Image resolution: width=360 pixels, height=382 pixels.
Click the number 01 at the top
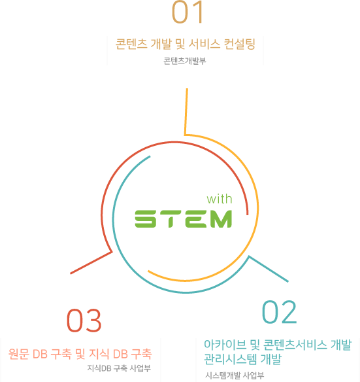coord(187,12)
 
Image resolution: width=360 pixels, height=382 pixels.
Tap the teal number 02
coord(279,312)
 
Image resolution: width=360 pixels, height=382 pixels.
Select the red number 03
coord(84,321)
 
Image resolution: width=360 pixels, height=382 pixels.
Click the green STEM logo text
coord(184,218)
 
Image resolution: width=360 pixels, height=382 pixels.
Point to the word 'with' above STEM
coord(220,199)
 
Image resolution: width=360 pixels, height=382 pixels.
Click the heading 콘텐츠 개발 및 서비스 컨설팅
coord(186,44)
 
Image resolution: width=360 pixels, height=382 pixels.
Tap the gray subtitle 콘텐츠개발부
coord(185,61)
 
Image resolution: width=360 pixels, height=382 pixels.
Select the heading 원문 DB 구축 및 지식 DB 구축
coord(80,354)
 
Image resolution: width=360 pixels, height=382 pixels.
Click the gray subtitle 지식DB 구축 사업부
coord(119,368)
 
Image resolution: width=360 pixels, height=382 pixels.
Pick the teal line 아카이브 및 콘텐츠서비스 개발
coord(278,345)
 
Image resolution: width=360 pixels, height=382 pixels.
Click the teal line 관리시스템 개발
coord(242,359)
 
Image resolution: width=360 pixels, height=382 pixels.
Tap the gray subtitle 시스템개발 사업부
coord(235,375)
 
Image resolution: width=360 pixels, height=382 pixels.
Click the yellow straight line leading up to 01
coord(186,112)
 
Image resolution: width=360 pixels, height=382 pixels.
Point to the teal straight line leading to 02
coord(269,269)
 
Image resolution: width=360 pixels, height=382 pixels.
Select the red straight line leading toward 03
coord(91,263)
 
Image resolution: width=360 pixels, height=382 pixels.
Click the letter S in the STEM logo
coord(145,218)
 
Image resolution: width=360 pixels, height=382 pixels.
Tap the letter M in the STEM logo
coord(221,218)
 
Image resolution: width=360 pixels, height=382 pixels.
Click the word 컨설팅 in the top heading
coord(240,44)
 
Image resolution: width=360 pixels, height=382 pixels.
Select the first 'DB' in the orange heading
coord(40,355)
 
